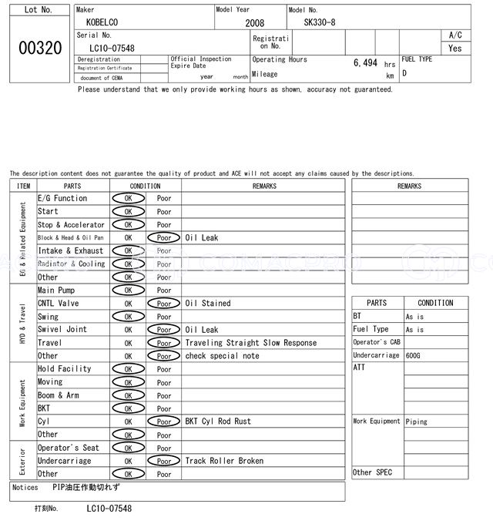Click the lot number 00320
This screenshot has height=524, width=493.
40,48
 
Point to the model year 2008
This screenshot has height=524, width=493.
254,23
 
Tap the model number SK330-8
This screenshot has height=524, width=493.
320,23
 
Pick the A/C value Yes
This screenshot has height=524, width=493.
455,48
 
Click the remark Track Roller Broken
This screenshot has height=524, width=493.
224,461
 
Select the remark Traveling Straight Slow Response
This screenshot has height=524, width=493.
250,343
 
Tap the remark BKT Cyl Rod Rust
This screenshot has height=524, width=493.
218,422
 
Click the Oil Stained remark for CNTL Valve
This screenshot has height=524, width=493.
208,304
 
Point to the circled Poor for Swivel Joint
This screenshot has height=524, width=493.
164,330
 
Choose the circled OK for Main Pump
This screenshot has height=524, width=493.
128,291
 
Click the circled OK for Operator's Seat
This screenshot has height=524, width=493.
128,448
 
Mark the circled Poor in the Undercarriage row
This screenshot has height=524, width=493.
164,461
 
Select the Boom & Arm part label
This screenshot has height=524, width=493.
59,395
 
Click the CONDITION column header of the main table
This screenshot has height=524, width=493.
145,186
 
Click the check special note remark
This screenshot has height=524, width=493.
222,356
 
